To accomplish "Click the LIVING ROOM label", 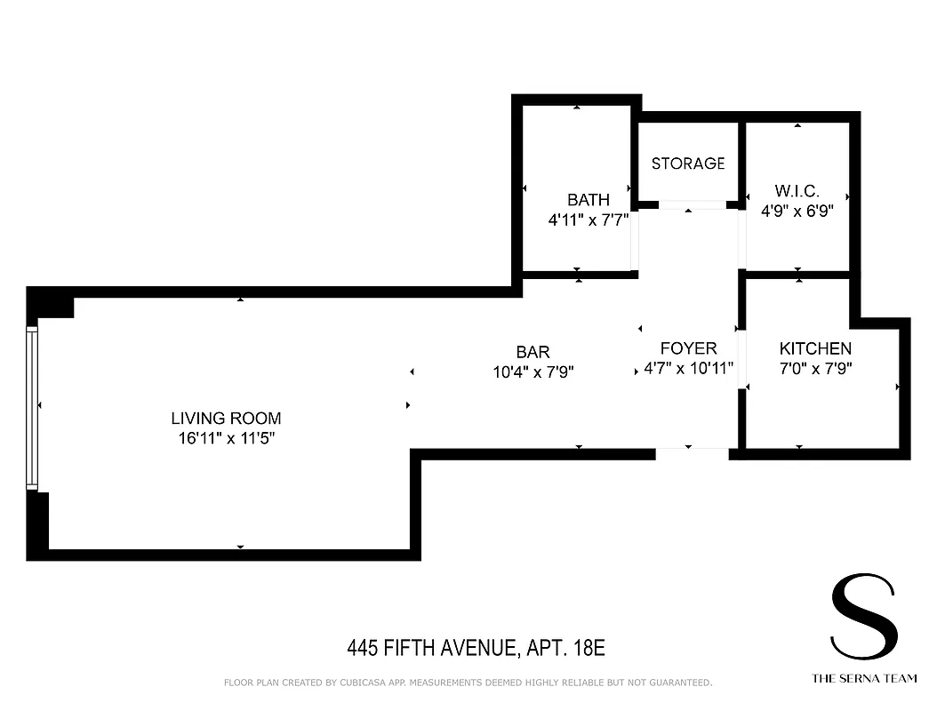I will (x=226, y=418).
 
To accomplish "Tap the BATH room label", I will (x=589, y=200).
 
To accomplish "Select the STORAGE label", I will (x=688, y=164).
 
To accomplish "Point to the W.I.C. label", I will (x=797, y=191).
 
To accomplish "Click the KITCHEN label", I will (x=815, y=348).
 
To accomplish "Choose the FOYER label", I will (x=688, y=348).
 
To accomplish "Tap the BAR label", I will (x=533, y=353).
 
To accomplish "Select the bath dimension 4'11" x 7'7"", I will (x=589, y=219).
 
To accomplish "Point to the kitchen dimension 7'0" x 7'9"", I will (x=815, y=368).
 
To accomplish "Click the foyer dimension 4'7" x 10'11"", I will (x=688, y=368).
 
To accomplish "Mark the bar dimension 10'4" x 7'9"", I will (x=533, y=372).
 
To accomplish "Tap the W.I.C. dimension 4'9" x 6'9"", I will (x=797, y=212).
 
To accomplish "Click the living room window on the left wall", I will (x=33, y=408).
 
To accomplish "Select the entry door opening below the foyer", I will (x=692, y=453).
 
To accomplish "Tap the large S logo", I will (x=862, y=617).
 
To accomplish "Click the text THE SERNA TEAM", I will (x=863, y=678).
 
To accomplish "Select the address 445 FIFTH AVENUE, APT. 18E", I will (x=476, y=648).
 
